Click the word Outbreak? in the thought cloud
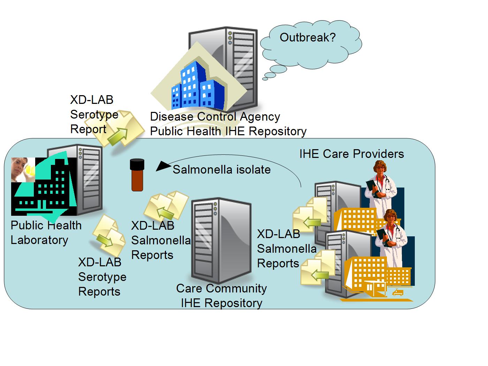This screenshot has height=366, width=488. [307, 37]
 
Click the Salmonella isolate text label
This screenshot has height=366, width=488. [222, 170]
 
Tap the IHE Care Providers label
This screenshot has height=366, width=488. [351, 154]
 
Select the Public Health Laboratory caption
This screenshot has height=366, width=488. [46, 232]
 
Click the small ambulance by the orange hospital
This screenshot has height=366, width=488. [397, 292]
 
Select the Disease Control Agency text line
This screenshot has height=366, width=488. [215, 116]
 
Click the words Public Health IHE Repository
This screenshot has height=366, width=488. [228, 131]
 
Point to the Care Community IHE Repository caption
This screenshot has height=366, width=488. [221, 296]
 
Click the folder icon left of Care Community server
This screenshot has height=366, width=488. [166, 206]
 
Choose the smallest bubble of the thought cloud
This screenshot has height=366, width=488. [265, 79]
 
